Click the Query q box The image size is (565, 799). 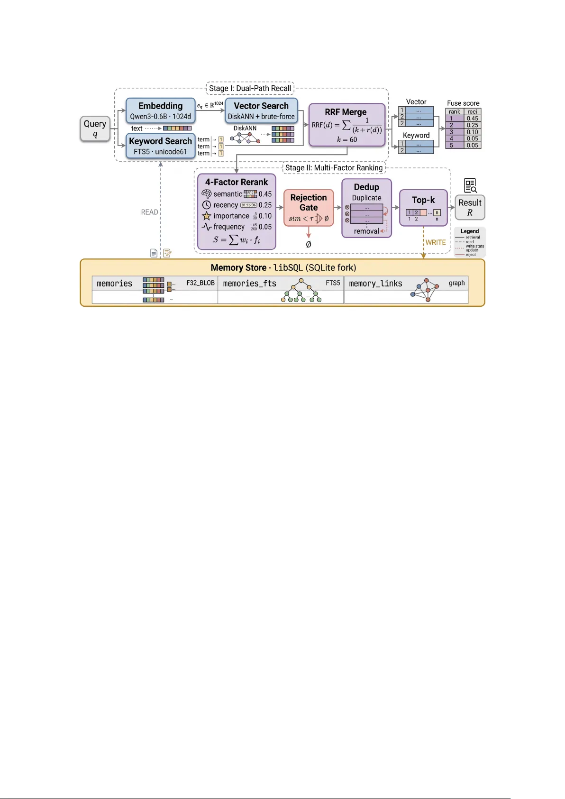pos(95,129)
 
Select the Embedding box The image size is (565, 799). pos(160,110)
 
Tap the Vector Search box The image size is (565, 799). pos(261,110)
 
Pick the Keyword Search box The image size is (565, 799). pos(160,146)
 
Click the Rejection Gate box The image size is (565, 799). pos(309,207)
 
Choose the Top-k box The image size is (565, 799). pos(423,207)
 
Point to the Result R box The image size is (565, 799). pos(470,207)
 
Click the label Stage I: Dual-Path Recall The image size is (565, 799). pos(250,88)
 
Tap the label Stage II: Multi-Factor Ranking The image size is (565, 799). pos(334,168)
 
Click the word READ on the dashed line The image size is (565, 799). pos(149,212)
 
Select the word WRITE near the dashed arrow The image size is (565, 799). pos(436,242)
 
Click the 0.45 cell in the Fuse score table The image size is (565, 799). pos(472,119)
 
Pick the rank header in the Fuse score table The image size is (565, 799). pos(455,112)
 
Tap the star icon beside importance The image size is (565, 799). pos(207,216)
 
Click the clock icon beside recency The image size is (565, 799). pos(207,205)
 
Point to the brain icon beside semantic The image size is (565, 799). pos(207,194)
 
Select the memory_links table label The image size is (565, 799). pos(375,284)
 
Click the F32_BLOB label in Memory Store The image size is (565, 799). pos(200,283)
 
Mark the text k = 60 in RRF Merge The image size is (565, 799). pos(347,139)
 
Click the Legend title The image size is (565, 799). pos(470,231)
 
